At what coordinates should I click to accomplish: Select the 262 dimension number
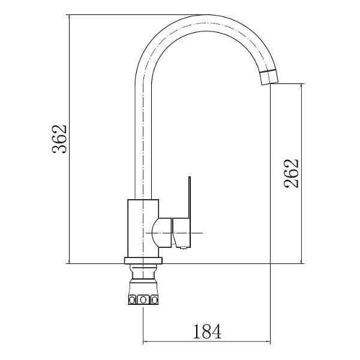pyautogui.click(x=291, y=174)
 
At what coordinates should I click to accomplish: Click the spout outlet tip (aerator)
pyautogui.click(x=269, y=77)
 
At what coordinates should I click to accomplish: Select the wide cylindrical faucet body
pyautogui.click(x=143, y=229)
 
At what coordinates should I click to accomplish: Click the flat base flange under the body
pyautogui.click(x=143, y=260)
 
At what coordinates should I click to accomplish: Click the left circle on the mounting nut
pyautogui.click(x=133, y=299)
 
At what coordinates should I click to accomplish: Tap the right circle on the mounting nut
pyautogui.click(x=154, y=299)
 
